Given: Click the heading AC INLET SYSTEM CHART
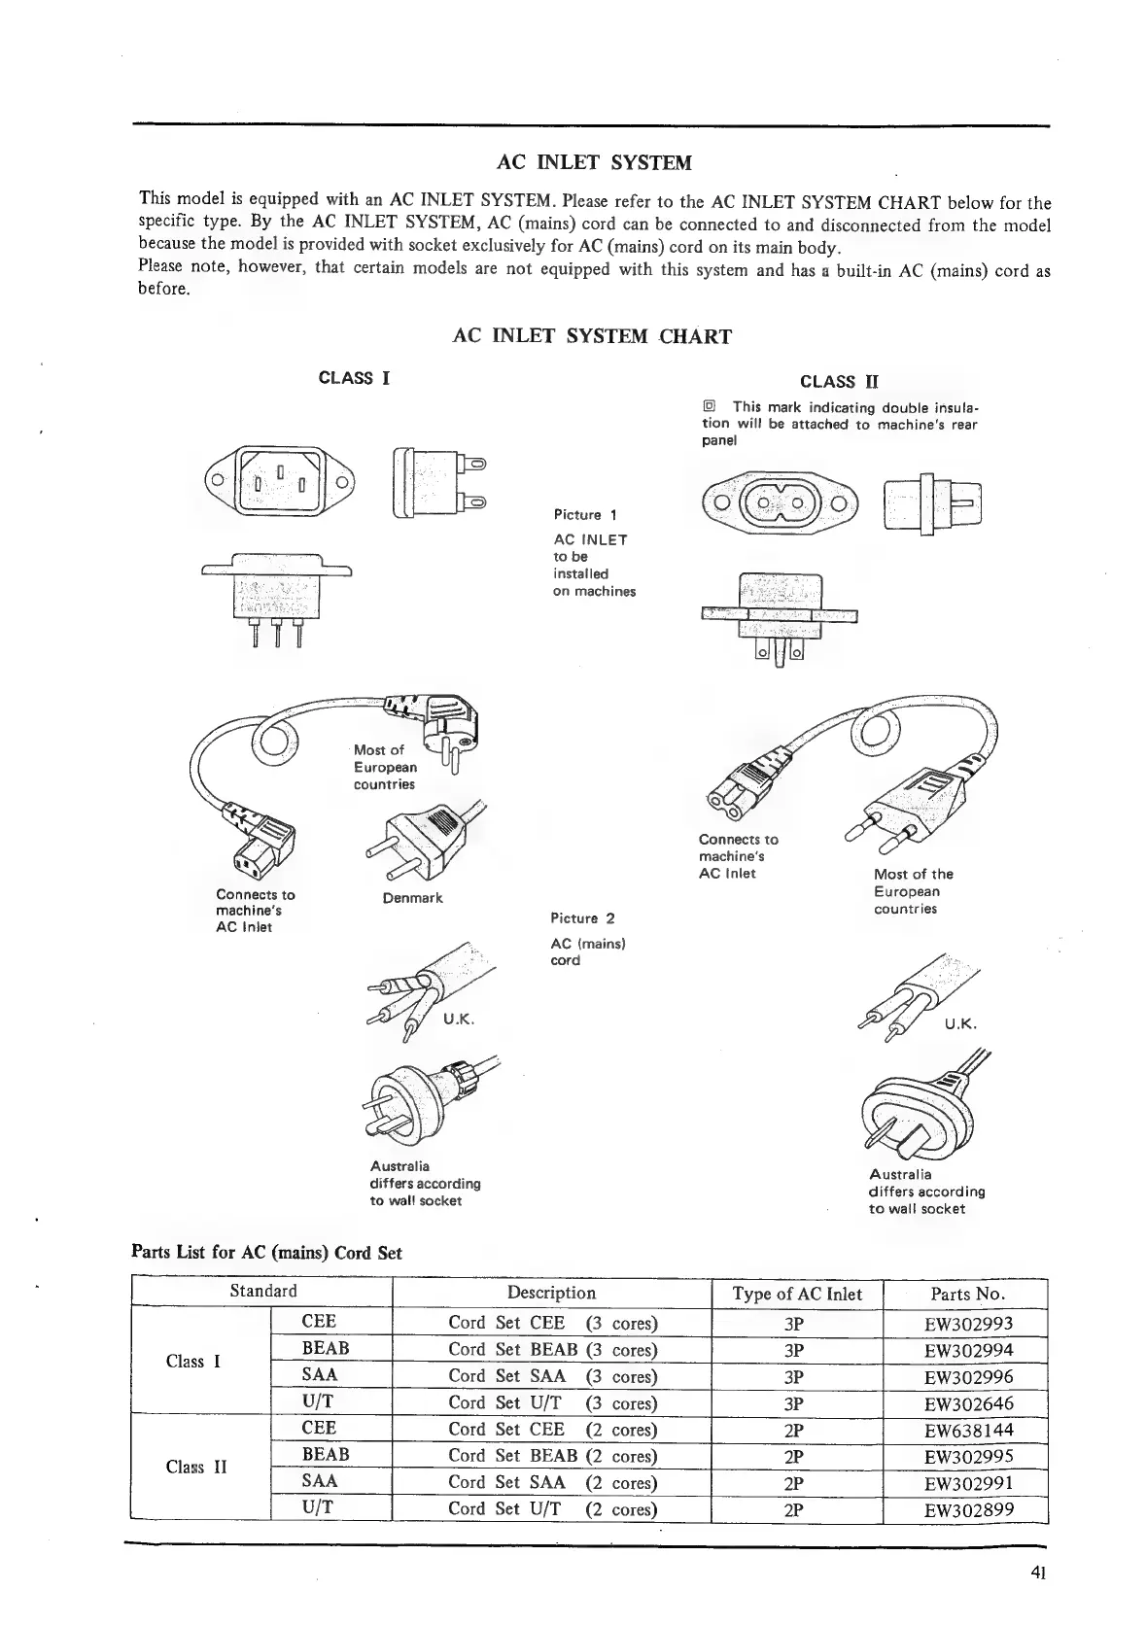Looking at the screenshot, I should point(592,336).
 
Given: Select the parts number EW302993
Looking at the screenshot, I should point(968,1324).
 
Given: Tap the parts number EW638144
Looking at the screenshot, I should point(968,1430).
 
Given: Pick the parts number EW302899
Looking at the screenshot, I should point(968,1509).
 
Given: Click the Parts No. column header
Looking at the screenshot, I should point(967,1294).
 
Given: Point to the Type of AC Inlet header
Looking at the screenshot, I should point(797,1294).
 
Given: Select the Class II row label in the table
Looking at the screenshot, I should point(195,1467).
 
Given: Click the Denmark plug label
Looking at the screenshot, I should point(412,898).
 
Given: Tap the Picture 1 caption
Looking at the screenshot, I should point(585,514).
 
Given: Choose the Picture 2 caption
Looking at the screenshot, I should point(582,918).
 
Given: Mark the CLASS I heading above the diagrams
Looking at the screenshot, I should point(355,378).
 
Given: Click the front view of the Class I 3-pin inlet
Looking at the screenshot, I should point(279,480).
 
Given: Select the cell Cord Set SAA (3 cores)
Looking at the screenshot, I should point(552,1376).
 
